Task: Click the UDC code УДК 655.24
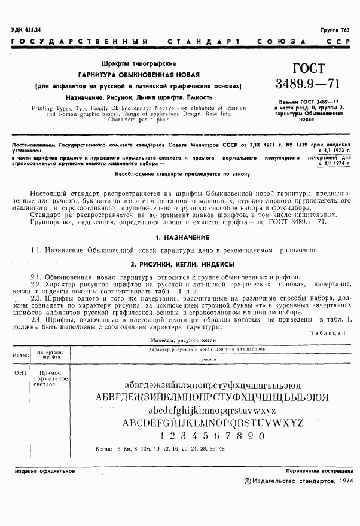[26, 30]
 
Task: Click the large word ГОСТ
[306, 68]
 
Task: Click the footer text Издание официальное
[45, 471]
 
